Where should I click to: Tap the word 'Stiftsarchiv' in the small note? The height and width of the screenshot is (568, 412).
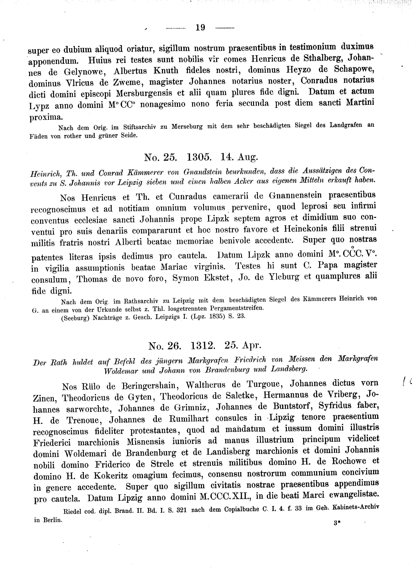(140, 127)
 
